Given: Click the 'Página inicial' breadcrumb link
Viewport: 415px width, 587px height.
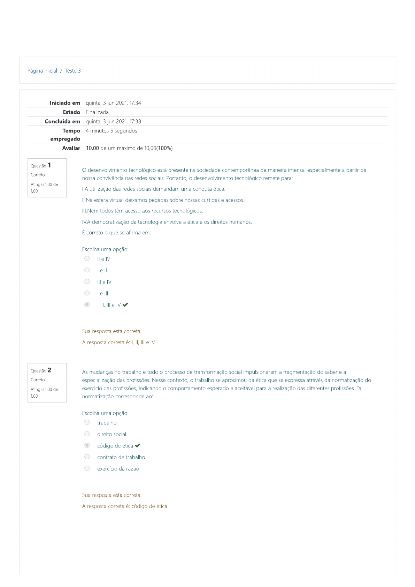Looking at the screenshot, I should point(42,71).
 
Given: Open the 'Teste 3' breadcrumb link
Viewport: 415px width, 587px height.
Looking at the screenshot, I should point(73,71).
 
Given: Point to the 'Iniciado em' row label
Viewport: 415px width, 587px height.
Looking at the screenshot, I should point(65,103).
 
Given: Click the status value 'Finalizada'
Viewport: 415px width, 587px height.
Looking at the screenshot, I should point(97,112).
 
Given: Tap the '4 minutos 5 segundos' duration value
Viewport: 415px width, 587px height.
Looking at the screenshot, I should point(111,131).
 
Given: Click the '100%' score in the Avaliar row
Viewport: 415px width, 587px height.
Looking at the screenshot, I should point(165,148).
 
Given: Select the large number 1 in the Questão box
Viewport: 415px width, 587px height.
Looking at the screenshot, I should point(49,165).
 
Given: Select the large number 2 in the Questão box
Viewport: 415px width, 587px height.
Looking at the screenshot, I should point(49,370).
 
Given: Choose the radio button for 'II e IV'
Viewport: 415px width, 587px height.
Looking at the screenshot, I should point(87,258).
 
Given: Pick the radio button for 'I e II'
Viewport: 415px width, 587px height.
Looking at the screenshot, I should point(87,270).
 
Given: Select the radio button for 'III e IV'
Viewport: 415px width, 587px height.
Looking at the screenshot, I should point(87,281).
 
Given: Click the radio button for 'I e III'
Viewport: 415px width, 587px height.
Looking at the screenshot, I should point(87,293).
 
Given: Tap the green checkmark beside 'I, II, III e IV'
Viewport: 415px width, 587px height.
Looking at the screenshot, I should point(125,305).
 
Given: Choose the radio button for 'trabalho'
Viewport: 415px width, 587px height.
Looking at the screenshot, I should point(87,422).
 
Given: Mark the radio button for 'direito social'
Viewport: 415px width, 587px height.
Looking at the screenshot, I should point(87,434).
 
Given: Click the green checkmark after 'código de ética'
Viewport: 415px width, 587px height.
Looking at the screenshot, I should point(138,446).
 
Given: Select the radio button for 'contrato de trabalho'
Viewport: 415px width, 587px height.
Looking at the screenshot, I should point(87,457).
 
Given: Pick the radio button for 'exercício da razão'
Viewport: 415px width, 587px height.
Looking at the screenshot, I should point(87,468).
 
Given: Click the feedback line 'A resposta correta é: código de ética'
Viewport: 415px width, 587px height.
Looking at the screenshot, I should point(124,506).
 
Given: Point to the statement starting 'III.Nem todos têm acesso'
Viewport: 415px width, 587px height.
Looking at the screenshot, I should point(142,211).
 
